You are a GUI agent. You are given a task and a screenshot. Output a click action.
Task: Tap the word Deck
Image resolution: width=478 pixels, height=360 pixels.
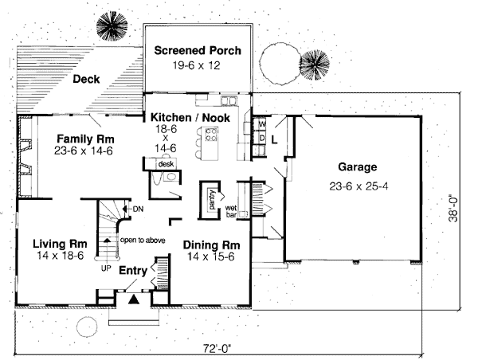[x=85, y=79]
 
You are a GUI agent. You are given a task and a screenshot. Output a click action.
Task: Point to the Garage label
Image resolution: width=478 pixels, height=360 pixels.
[x=354, y=168]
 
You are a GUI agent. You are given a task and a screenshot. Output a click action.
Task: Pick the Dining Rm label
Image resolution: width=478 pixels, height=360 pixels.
[x=212, y=245]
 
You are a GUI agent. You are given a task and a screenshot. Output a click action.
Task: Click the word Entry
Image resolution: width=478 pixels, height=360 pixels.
[x=132, y=271]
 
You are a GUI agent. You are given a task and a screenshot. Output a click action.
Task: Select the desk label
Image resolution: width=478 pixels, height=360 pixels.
[x=166, y=163]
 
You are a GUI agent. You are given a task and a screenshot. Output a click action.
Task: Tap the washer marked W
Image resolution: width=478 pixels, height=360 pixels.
[x=261, y=124]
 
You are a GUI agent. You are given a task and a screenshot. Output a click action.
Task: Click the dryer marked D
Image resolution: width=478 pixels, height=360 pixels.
[x=261, y=137]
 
